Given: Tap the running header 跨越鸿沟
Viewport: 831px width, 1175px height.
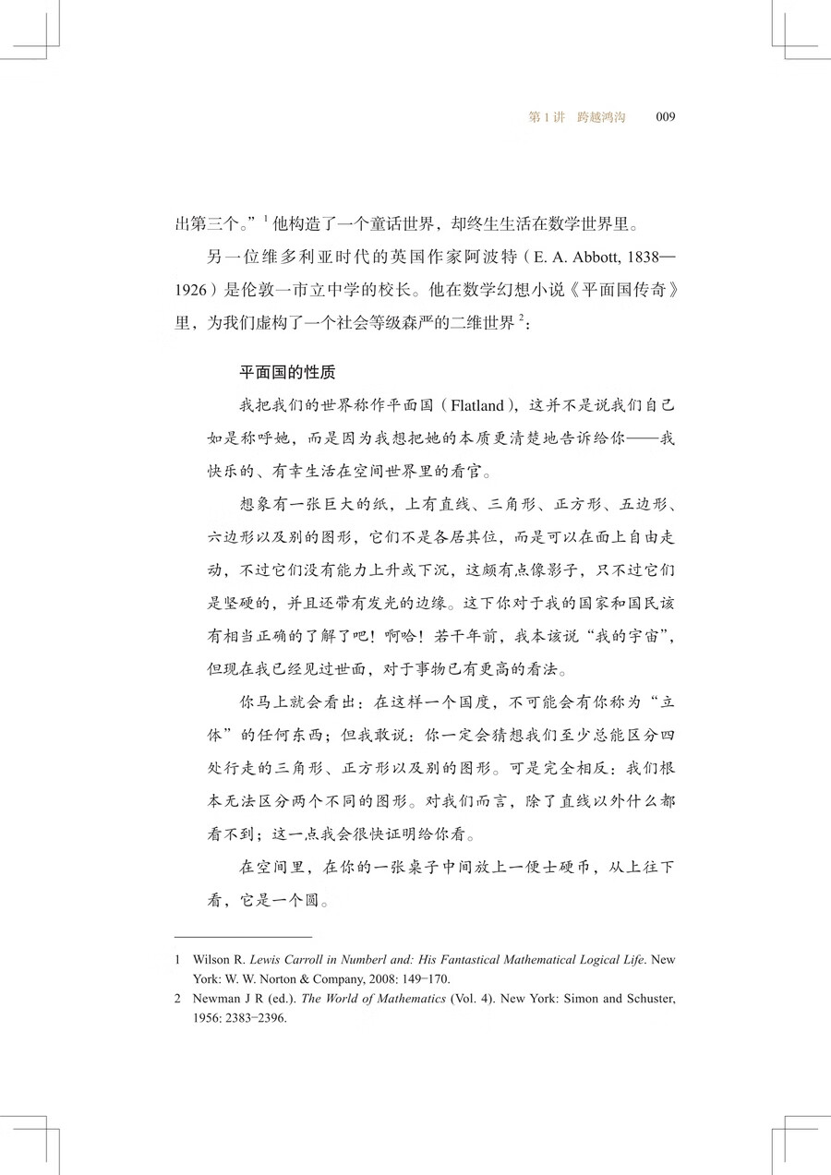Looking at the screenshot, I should (601, 117).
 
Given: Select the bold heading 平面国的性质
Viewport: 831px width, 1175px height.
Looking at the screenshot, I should (287, 373).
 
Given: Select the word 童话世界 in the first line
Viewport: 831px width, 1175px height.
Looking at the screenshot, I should (384, 222).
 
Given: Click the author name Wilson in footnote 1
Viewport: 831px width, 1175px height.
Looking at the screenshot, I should (211, 960).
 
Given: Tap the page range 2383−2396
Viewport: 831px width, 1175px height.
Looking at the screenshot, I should (268, 1017).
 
